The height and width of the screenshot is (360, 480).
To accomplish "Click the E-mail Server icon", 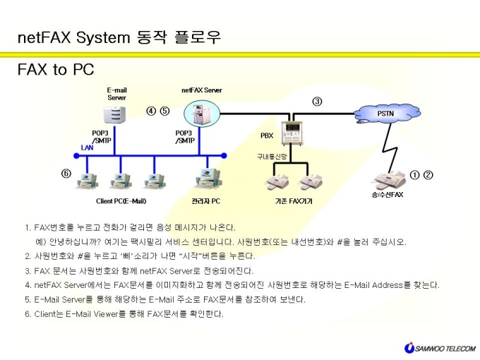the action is click(x=114, y=115).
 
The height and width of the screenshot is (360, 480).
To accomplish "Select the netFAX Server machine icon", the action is click(x=202, y=114).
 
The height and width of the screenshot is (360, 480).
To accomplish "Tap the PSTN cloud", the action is click(x=387, y=114).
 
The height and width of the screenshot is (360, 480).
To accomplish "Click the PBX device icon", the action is click(x=292, y=133).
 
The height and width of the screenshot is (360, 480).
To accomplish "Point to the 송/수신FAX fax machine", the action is click(x=388, y=181).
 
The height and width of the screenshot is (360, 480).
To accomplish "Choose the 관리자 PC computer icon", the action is click(x=208, y=179).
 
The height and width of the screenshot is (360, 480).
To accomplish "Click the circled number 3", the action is click(x=317, y=102).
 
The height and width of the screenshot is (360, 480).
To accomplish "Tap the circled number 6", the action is click(x=66, y=174).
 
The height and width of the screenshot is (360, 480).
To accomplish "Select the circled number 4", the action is click(x=151, y=111).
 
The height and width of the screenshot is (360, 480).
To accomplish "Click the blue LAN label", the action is click(x=88, y=148).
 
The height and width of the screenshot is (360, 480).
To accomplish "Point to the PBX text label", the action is click(x=267, y=136).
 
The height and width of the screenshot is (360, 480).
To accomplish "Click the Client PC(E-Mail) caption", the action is click(x=121, y=201).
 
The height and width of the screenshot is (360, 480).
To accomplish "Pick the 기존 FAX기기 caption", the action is click(x=294, y=201).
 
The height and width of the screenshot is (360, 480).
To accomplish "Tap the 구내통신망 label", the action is click(x=272, y=157).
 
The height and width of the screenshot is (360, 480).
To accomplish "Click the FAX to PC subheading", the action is click(x=56, y=69).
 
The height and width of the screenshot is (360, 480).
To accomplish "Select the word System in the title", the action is click(x=103, y=37).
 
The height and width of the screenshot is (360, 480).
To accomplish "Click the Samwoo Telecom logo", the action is click(x=440, y=348).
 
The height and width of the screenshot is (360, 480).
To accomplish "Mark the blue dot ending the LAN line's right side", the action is click(x=224, y=156).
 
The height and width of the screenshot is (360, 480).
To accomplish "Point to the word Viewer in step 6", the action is click(x=106, y=314).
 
